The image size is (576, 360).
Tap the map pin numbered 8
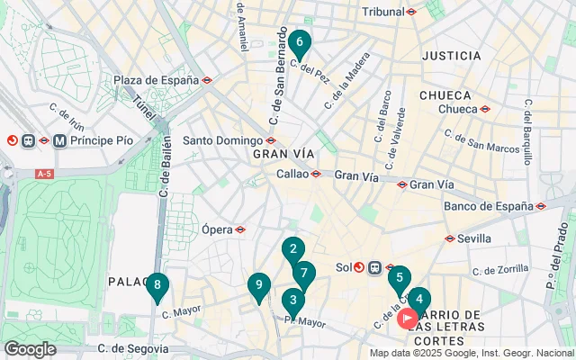pos(157,287)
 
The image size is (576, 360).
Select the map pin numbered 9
pos(258,286)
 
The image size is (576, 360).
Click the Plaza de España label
pos(156,80)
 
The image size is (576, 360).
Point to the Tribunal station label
pos(382,12)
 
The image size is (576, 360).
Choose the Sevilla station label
pos(474,238)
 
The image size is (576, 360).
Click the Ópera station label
pos(217,229)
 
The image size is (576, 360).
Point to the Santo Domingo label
pos(222,140)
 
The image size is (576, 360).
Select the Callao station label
pos(292,174)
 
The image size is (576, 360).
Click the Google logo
pos(30,349)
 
